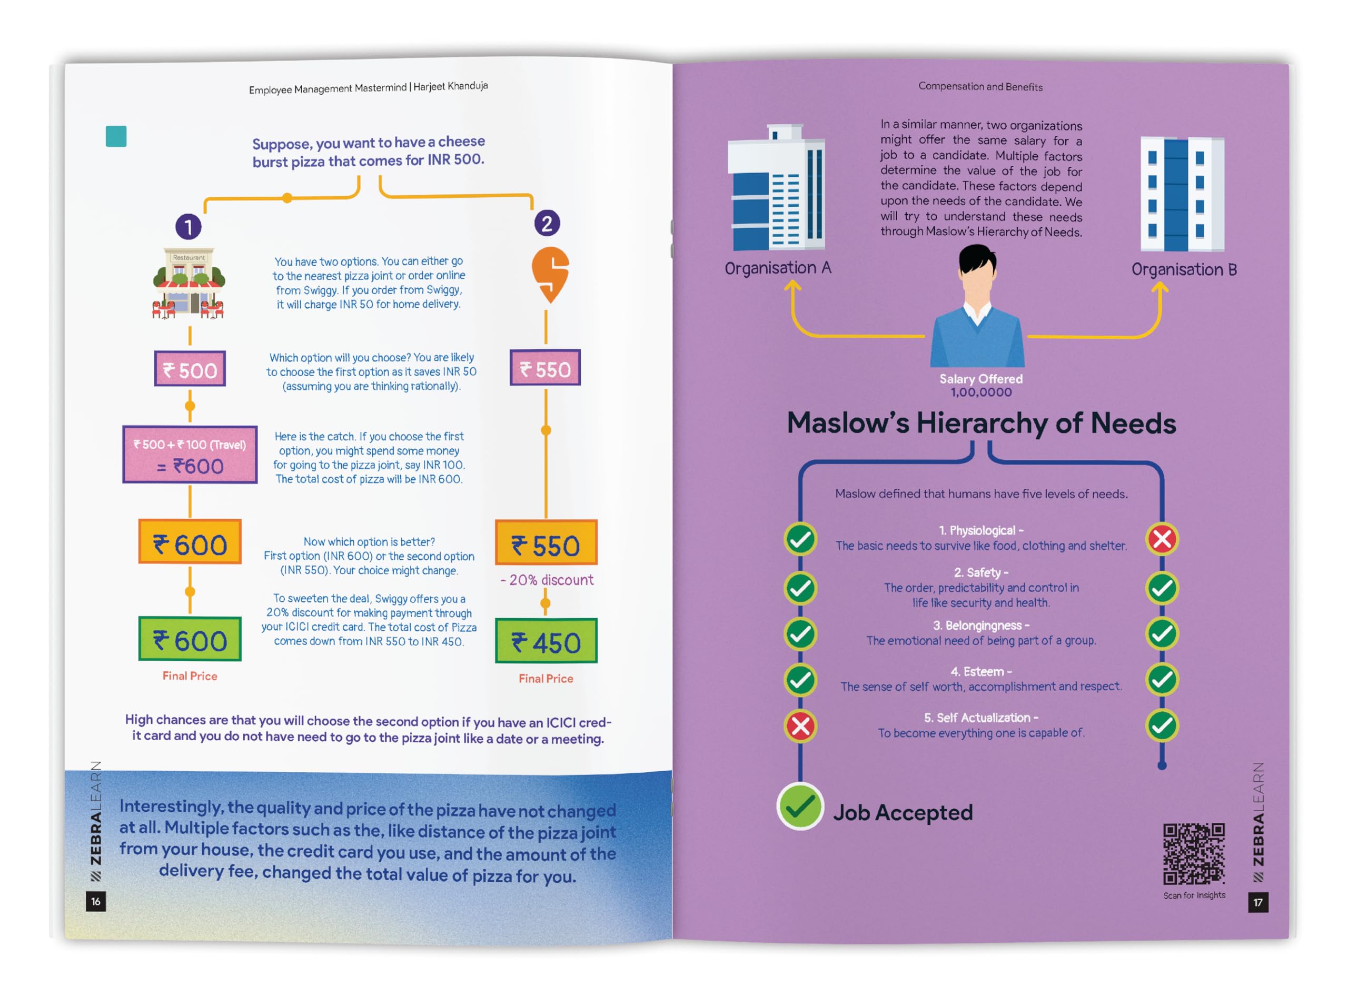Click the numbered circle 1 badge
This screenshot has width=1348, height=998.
[188, 227]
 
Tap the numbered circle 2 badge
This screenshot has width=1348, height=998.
[547, 224]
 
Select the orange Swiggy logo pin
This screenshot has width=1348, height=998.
[550, 274]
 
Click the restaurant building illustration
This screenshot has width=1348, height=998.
[189, 282]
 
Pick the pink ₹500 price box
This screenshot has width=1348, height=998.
[190, 368]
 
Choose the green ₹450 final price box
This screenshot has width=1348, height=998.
[546, 642]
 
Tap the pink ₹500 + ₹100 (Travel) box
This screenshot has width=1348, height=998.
[190, 455]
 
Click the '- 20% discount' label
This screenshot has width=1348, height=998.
[547, 580]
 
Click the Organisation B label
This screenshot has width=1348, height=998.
[1184, 269]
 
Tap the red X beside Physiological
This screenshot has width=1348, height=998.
[1162, 539]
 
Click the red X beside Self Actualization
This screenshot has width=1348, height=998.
[800, 725]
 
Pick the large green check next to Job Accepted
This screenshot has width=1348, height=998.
[800, 807]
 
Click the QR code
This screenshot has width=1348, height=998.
[1193, 854]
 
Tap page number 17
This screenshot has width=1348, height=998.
[1257, 902]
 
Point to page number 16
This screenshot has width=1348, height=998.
[95, 901]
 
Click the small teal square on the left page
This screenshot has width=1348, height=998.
[116, 137]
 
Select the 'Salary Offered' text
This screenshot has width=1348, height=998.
[980, 379]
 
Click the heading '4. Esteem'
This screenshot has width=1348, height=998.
[980, 671]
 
